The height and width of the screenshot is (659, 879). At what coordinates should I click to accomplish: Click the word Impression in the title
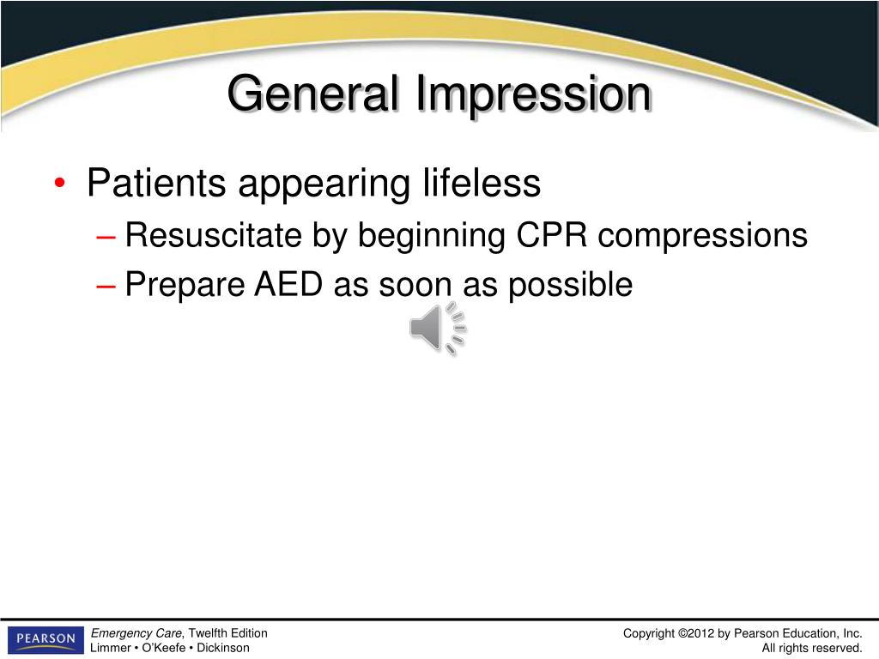tap(533, 94)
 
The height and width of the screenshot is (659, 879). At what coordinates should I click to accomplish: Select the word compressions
tap(703, 237)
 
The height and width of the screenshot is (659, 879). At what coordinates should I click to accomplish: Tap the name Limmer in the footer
tap(110, 648)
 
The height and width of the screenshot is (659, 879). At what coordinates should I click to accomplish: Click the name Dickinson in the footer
tap(223, 648)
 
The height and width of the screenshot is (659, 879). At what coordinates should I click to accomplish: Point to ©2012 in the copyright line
tap(696, 634)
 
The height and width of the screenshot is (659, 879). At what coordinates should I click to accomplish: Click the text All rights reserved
tap(812, 648)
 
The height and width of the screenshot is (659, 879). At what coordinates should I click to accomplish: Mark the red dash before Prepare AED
tap(106, 286)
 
